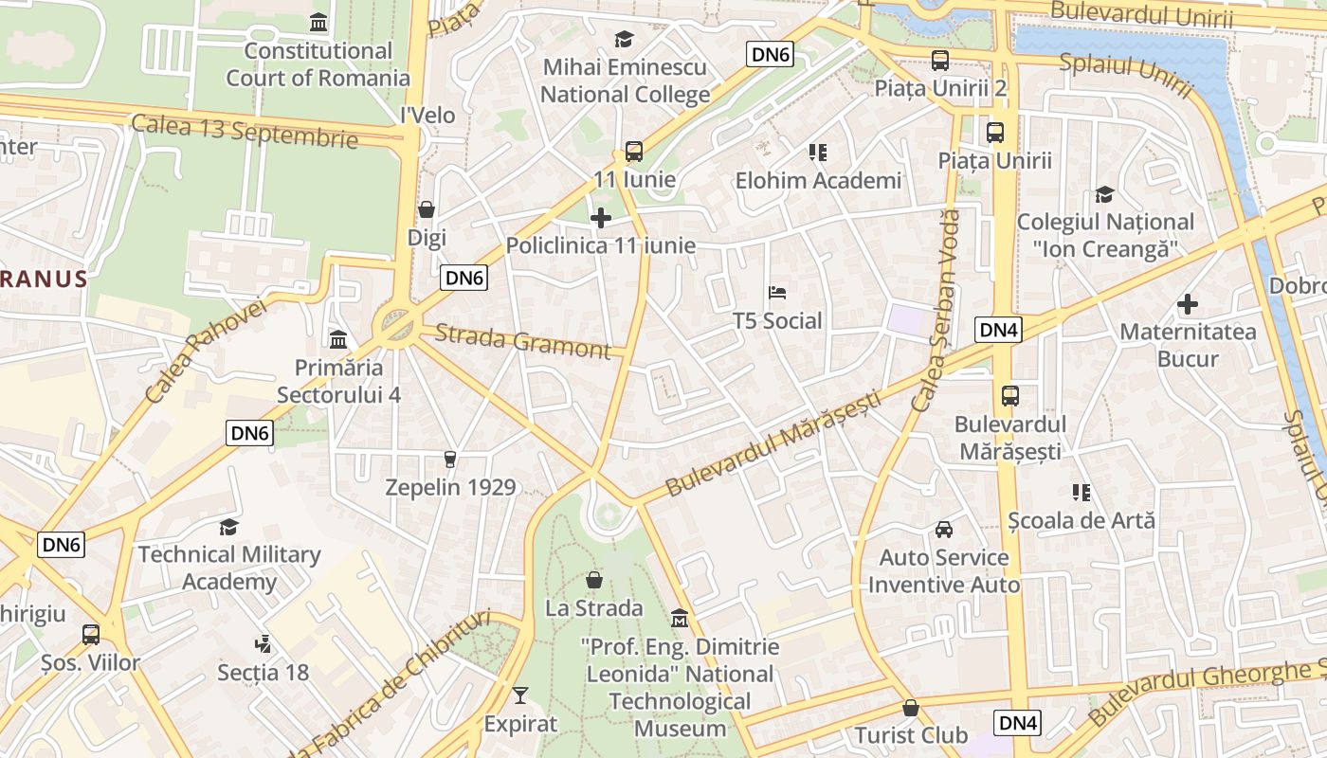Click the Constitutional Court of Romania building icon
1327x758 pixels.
click(319, 22)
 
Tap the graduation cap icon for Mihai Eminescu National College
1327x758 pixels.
click(624, 39)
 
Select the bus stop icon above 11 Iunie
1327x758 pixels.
click(634, 151)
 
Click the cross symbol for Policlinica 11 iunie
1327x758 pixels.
click(601, 218)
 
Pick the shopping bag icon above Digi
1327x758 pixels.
click(427, 209)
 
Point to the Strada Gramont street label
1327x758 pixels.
click(523, 342)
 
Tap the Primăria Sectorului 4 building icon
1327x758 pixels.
click(338, 339)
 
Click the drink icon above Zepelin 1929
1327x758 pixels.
click(450, 460)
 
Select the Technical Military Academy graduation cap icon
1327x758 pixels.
click(228, 527)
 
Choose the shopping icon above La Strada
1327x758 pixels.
click(594, 580)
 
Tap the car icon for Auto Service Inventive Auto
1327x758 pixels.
click(944, 529)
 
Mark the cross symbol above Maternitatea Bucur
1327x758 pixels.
click(1188, 304)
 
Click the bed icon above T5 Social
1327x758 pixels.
click(777, 293)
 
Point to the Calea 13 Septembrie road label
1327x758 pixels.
click(245, 132)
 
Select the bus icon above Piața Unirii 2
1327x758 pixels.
click(940, 61)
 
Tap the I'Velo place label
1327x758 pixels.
click(427, 116)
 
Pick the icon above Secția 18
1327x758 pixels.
click(264, 644)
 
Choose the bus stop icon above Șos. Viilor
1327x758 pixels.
click(91, 635)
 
